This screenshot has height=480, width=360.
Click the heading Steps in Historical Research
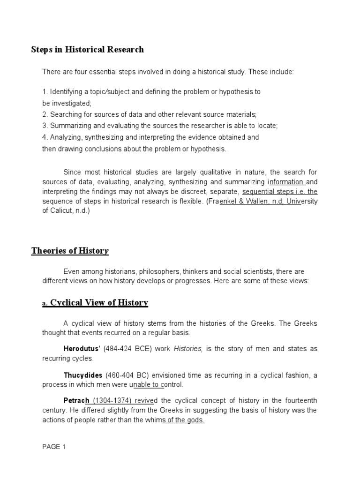[x=87, y=49]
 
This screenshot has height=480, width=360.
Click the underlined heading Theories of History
[x=70, y=251]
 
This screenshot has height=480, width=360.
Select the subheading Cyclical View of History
[x=99, y=303]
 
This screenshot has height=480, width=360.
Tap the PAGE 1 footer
[x=54, y=447]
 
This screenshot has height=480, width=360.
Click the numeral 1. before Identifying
[x=45, y=92]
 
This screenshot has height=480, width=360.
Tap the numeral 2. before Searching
[x=45, y=114]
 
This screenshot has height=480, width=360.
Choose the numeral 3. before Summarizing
[x=45, y=126]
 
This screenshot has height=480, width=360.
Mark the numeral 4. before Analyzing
[x=45, y=137]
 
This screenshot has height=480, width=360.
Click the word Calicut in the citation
[x=61, y=210]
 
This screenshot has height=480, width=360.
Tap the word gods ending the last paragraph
[x=195, y=420]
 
